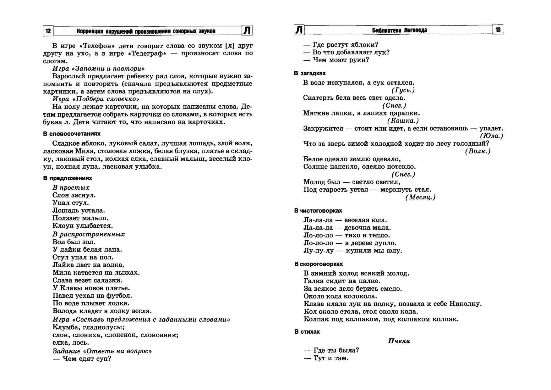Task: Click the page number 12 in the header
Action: tap(48, 31)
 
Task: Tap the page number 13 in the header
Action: tap(498, 30)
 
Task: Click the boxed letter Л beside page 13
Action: tap(299, 30)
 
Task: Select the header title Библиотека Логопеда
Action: tap(399, 30)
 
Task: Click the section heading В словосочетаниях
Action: tap(72, 134)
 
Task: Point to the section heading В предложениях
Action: tap(68, 178)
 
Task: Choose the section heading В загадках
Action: tap(310, 73)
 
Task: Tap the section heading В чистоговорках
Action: tap(318, 210)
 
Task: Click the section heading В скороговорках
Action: tap(319, 264)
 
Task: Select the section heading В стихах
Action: tap(307, 331)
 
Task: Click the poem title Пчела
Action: tap(399, 341)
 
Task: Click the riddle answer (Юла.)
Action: tap(491, 136)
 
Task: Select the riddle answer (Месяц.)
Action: tap(420, 198)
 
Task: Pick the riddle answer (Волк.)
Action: tap(477, 151)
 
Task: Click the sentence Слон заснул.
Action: tap(74, 195)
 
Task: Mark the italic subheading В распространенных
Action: tap(89, 234)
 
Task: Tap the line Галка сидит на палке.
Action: tap(342, 281)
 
